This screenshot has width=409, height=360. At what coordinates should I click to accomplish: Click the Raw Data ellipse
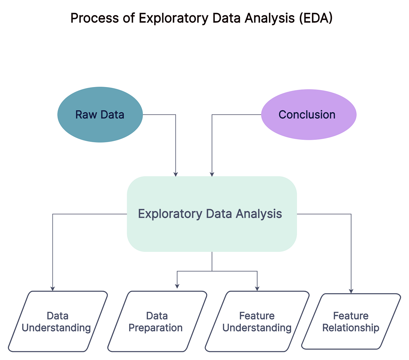click(x=100, y=127)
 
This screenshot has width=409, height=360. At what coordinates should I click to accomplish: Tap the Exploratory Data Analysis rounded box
click(x=212, y=232)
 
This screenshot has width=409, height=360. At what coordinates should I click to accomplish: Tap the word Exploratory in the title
click(x=173, y=18)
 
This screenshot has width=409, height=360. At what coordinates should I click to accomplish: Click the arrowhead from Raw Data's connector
click(x=176, y=174)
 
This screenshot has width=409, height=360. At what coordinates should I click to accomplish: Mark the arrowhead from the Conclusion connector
click(x=212, y=174)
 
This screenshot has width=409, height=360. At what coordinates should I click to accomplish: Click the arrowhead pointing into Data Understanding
click(x=53, y=289)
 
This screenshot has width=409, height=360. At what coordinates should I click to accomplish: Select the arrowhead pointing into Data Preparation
click(x=177, y=286)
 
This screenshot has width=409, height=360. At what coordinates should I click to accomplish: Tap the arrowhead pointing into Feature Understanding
click(x=257, y=289)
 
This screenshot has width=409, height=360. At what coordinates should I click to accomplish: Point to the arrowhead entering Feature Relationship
click(x=351, y=291)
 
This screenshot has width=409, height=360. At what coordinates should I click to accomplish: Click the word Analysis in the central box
click(x=259, y=214)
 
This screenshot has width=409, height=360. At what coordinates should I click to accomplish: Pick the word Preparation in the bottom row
click(x=155, y=328)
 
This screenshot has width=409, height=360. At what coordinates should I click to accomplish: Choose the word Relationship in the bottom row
click(x=351, y=328)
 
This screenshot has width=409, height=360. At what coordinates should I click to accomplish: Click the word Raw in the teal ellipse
click(x=83, y=115)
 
